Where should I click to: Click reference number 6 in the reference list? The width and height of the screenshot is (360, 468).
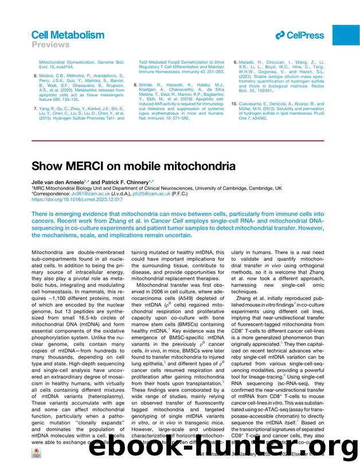[34, 75]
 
